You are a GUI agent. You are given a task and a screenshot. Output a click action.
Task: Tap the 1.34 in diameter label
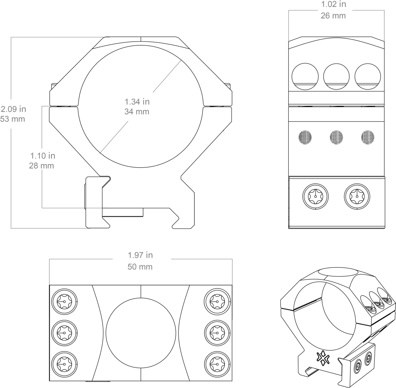[x=137, y=102]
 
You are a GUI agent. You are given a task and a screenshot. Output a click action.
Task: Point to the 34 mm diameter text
[x=137, y=112]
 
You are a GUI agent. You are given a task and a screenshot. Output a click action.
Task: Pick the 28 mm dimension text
[x=41, y=165]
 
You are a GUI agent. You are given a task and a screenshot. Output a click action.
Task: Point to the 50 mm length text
[x=140, y=267]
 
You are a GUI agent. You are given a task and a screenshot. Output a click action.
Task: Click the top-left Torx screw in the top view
[x=63, y=301]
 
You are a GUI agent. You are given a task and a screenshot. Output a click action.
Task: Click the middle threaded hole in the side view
[x=336, y=137]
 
